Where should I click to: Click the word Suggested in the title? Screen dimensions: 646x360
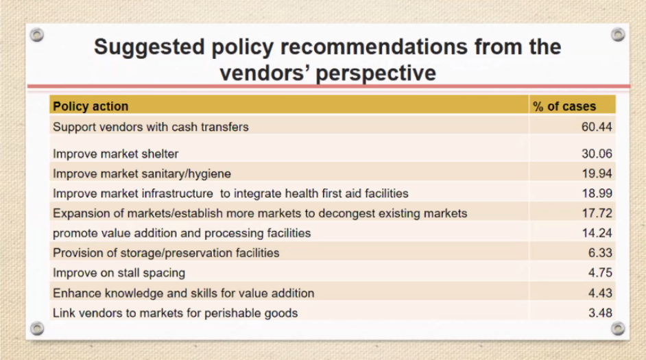coord(149,47)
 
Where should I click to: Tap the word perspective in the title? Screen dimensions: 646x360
coord(376,73)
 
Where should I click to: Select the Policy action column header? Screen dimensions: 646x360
coord(91,106)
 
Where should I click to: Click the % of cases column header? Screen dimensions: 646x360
coord(564,106)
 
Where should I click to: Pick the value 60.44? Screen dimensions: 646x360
coord(597,127)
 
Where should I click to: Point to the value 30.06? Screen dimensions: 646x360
coord(597,154)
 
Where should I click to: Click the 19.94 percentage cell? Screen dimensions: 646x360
coord(597,173)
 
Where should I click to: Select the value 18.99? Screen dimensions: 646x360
coord(597,193)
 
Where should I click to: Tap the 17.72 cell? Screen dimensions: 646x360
coord(597,213)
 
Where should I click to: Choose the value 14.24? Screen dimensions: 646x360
coord(597,232)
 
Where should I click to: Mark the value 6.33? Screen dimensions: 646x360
coord(600,252)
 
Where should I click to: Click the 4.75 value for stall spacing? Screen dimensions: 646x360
coord(600,273)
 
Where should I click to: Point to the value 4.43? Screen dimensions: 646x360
coord(600,293)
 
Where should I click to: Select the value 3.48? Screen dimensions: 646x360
coord(600,313)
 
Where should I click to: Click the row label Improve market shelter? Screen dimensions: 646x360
coord(116,154)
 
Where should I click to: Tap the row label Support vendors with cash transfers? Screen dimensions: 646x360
coord(151,127)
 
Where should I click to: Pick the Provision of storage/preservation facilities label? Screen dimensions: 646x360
coord(166,253)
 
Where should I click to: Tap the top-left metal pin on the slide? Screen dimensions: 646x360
coord(37,35)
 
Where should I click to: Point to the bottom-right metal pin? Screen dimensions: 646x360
coord(618,328)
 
